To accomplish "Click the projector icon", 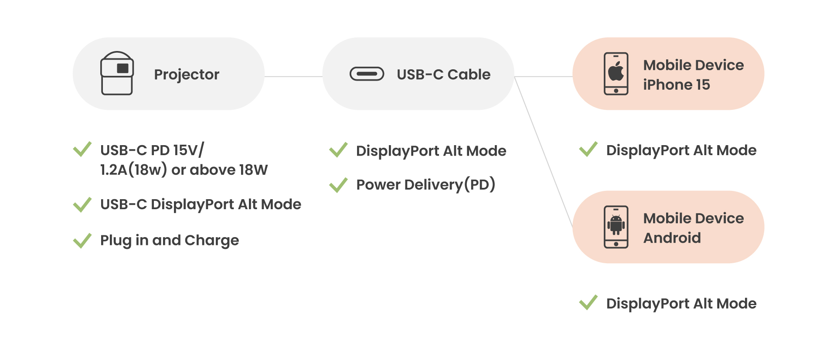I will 117,73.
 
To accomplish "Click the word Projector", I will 187,75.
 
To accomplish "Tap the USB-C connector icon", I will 367,74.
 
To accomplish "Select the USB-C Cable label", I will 443,75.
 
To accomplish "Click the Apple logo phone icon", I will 616,73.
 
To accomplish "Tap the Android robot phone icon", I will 616,227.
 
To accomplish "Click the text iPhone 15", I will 676,85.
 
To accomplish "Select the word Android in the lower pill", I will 672,238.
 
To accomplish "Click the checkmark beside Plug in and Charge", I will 82,240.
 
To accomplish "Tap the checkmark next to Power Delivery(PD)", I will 338,185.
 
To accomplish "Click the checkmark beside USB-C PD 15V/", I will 82,149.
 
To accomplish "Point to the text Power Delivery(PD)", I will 425,185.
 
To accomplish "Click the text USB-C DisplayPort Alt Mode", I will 201,204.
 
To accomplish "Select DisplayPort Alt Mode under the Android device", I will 681,303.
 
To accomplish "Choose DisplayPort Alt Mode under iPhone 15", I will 681,150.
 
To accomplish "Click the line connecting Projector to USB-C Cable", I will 293,77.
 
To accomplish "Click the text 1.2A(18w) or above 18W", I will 184,170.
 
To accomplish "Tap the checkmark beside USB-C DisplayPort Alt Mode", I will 82,204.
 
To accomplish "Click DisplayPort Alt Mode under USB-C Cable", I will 431,151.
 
